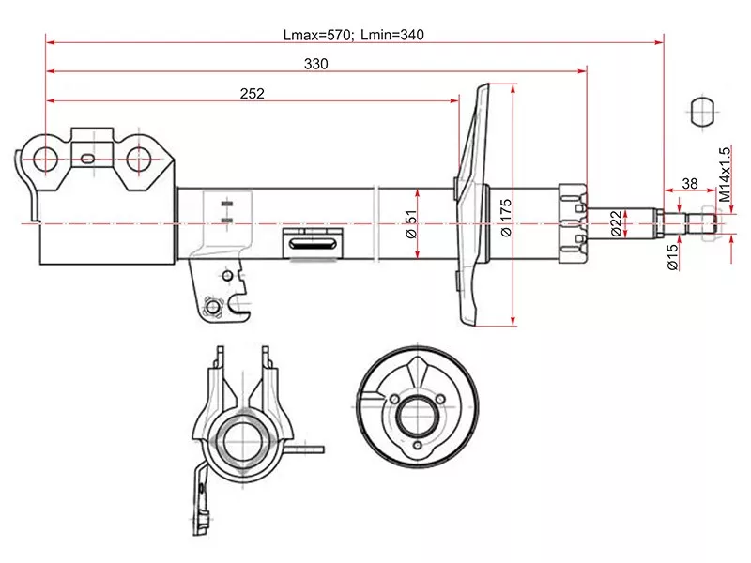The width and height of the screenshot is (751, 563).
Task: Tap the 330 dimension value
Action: coord(316,63)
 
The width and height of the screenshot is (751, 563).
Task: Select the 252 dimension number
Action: coord(253,93)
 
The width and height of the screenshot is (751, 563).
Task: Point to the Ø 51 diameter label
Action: coord(410,224)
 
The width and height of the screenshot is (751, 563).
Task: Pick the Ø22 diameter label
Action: coord(615,223)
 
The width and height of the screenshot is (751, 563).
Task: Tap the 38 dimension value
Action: coord(689,184)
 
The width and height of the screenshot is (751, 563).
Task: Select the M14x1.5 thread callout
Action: coord(726,175)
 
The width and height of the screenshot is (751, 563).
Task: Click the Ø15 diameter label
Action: coord(672,258)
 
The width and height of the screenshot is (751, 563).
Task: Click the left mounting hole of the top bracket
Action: coord(45,159)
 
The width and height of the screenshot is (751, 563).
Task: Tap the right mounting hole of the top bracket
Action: coord(140,160)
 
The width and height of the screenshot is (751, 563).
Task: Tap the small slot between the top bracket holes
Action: coord(86,159)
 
